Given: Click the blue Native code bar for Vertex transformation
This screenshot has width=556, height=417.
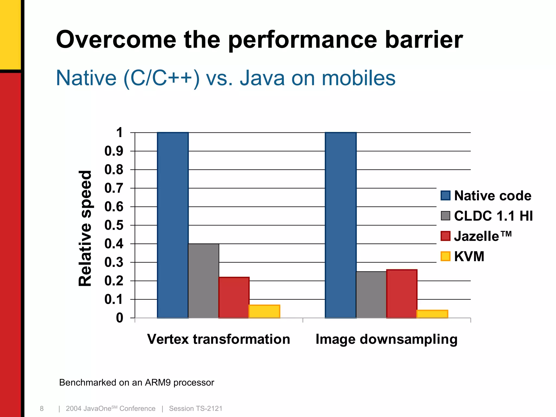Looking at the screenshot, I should (173, 225).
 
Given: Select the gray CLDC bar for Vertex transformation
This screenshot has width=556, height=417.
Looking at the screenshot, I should (204, 281).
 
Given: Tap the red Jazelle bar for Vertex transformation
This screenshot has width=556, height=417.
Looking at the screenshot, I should (234, 298).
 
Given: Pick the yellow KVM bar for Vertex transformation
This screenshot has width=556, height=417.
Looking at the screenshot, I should (264, 312).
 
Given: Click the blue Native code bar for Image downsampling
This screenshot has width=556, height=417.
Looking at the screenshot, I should (341, 225).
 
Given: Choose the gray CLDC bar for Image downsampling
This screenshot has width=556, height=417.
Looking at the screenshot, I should (371, 295).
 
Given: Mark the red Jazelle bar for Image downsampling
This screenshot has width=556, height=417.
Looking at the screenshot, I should (402, 294).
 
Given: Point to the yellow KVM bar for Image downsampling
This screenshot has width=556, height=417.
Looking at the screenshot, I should (432, 314).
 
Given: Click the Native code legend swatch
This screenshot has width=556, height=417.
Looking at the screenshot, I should (446, 196).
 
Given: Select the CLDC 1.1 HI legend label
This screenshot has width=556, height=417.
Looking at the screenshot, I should (493, 216).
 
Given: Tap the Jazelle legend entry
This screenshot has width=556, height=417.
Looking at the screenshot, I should (477, 236).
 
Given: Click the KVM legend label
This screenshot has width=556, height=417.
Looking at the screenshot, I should (469, 257).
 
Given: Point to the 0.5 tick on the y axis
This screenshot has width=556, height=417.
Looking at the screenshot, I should (114, 225).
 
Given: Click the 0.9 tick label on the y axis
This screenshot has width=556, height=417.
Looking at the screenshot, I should (114, 151).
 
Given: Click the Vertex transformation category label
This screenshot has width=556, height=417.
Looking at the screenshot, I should (219, 339).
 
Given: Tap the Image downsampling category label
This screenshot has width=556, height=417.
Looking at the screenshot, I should (386, 339).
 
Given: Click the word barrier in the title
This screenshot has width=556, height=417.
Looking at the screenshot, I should (424, 40).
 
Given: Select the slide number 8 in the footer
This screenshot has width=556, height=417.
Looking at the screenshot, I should (42, 409).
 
